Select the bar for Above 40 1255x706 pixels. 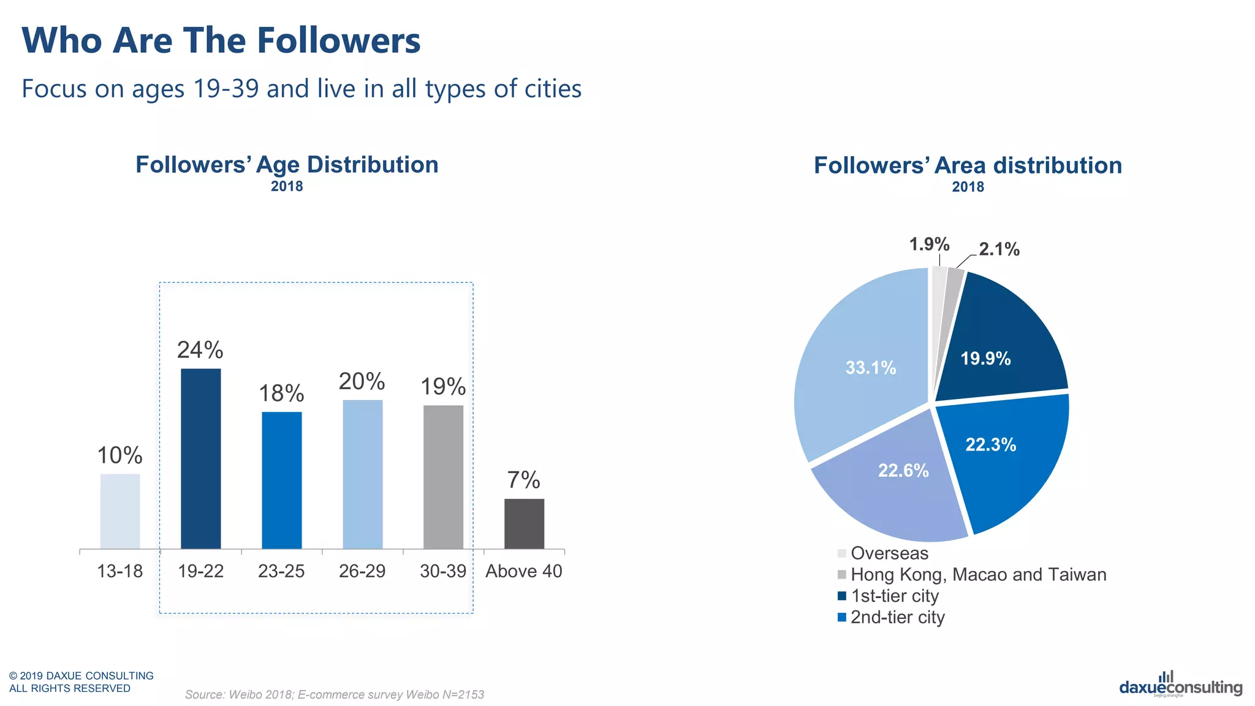(524, 524)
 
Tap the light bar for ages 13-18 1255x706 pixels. (120, 511)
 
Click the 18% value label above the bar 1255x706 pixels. (281, 393)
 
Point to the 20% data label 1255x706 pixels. (362, 381)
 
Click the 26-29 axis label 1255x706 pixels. (362, 571)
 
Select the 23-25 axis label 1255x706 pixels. (281, 571)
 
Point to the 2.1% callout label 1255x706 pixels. (999, 249)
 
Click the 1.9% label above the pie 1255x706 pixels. (929, 245)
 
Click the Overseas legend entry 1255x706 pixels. (889, 553)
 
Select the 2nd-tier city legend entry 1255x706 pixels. (897, 617)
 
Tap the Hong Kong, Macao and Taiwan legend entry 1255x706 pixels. (978, 575)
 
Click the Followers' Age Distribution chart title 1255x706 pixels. (287, 165)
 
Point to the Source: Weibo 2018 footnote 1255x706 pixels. (335, 694)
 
